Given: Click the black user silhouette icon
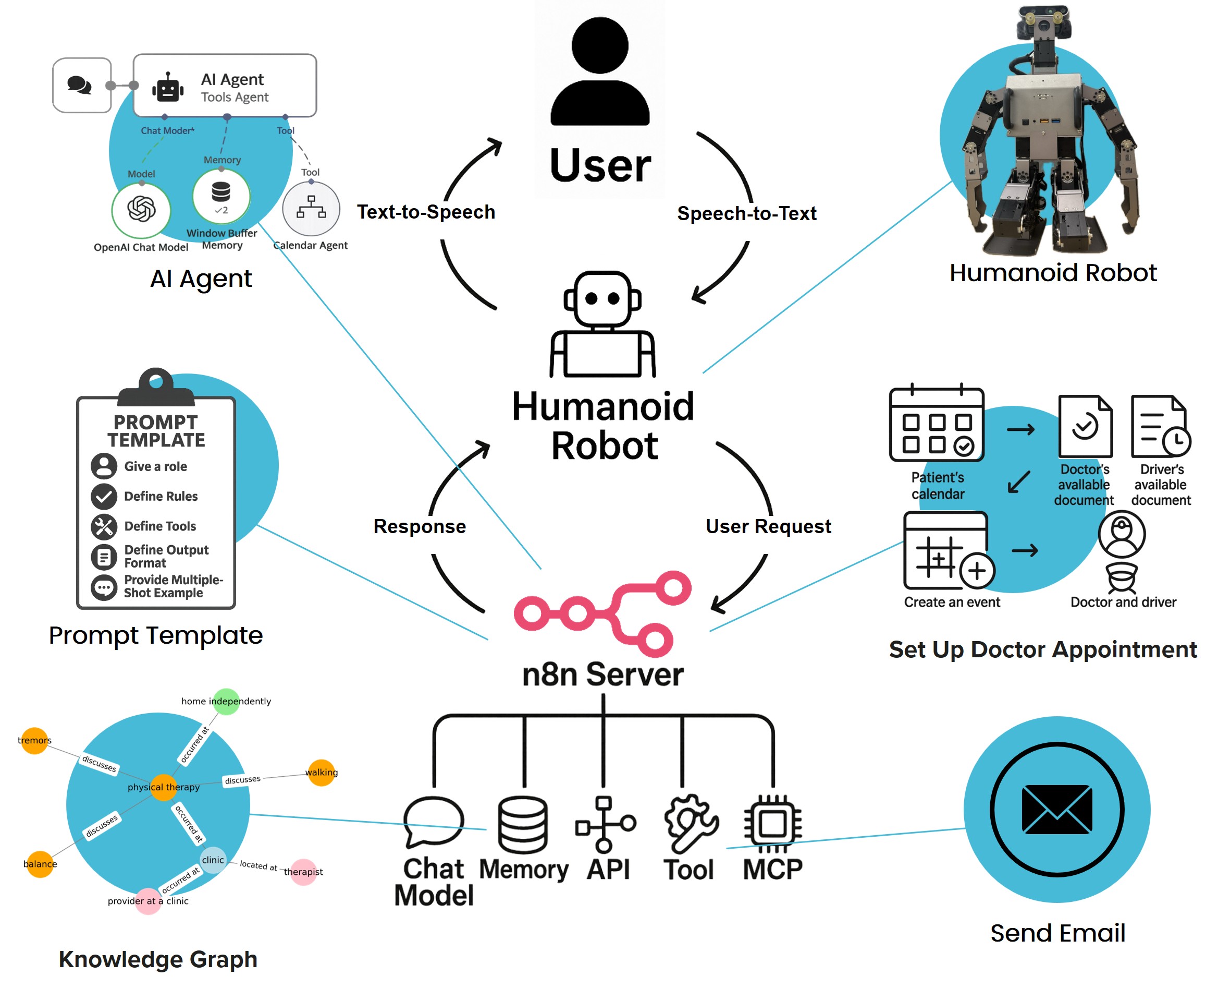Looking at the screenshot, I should click(599, 71).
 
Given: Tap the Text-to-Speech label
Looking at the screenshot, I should click(426, 212).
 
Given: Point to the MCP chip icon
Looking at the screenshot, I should click(772, 823).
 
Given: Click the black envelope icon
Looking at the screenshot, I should click(1056, 809).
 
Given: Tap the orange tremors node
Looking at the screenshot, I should click(34, 740).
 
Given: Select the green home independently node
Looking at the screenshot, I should click(226, 701).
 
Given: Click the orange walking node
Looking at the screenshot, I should click(321, 773).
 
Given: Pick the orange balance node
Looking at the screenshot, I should click(40, 864).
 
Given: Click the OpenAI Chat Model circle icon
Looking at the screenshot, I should click(141, 209).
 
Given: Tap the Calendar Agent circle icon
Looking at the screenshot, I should click(311, 209).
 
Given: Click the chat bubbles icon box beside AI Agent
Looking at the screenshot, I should click(81, 86).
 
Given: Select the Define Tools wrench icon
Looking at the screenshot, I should click(104, 526).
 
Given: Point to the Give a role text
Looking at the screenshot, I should click(155, 467).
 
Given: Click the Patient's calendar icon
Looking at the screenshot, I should click(936, 425).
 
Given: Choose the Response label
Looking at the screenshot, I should click(420, 526).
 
